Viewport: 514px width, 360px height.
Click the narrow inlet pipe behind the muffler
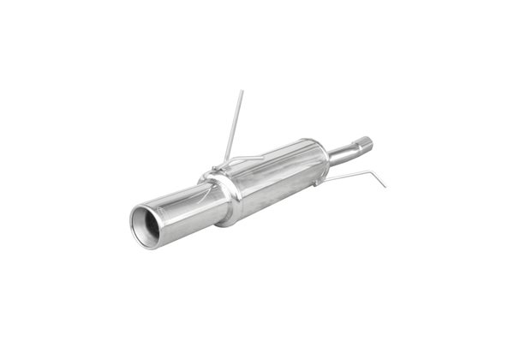point(346,152)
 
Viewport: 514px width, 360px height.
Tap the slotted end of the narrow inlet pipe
point(366,142)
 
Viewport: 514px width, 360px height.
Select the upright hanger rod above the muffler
point(234,125)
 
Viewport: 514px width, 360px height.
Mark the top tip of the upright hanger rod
point(242,90)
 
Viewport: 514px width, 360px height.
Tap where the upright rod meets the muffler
point(225,162)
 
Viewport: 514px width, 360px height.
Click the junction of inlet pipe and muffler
point(329,158)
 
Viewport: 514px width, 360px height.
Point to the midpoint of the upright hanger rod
point(234,126)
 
